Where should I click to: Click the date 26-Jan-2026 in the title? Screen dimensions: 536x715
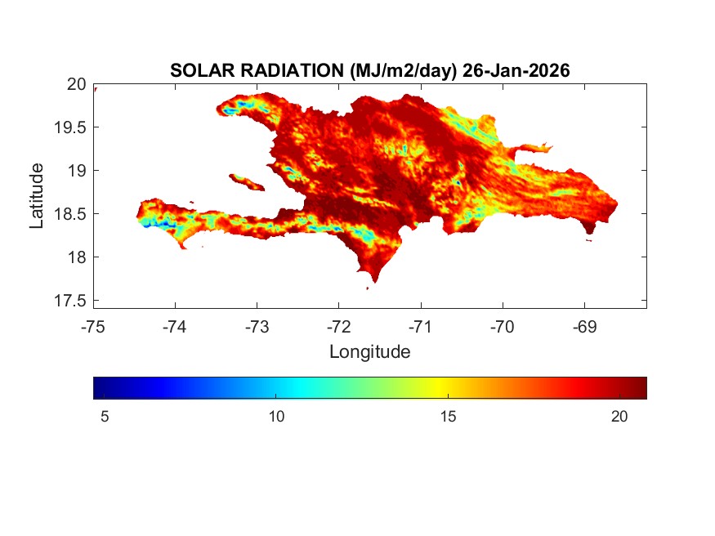516,71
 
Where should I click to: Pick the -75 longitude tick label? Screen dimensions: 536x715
93,327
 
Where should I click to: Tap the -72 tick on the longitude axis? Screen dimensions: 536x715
338,327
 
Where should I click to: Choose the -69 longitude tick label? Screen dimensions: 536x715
583,327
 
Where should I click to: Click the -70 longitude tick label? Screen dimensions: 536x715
502,327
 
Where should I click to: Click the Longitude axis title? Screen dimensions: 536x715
369,352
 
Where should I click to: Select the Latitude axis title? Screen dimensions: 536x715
37,195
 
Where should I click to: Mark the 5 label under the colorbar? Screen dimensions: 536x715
105,417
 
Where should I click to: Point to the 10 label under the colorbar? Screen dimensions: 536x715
276,417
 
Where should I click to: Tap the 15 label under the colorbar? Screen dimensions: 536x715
448,417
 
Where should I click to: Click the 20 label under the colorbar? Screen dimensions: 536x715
619,417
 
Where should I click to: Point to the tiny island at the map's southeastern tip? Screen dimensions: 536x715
589,239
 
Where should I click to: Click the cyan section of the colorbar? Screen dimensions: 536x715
298,387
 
